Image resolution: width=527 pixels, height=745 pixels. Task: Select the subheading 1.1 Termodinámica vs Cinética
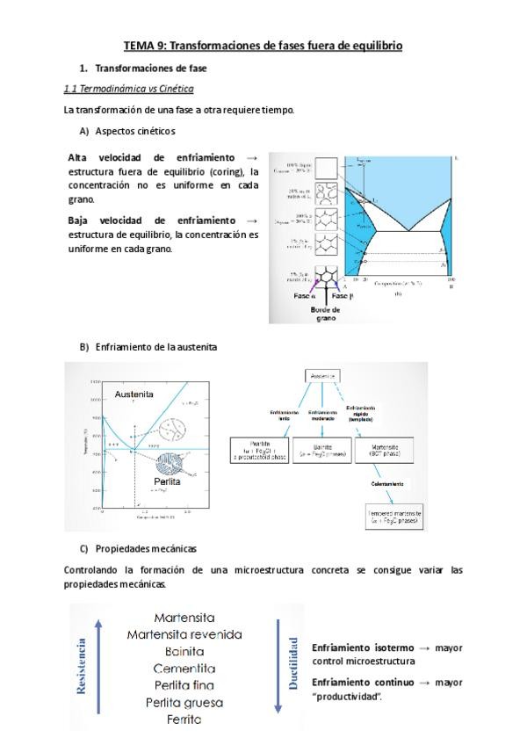point(129,89)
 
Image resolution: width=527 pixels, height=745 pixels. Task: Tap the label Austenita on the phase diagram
point(134,394)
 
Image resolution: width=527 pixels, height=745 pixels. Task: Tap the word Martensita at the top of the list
point(184,618)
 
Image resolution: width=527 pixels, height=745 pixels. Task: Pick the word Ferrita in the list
point(184,719)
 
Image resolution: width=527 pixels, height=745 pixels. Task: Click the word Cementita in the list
point(184,668)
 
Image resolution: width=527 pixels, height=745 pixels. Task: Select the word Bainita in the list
point(184,651)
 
